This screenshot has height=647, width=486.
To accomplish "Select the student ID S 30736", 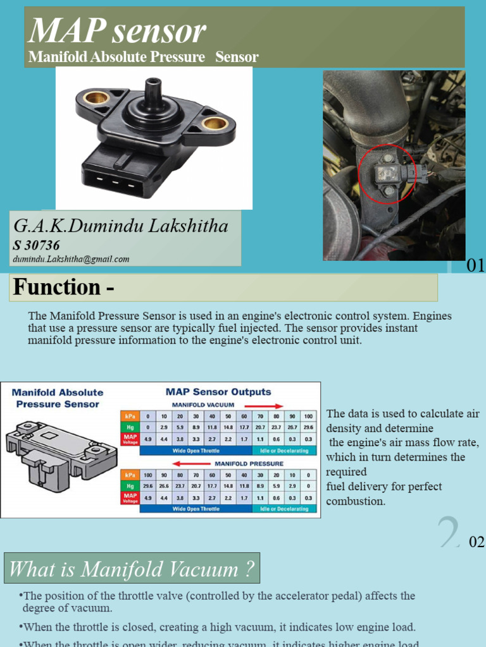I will [x=36, y=245].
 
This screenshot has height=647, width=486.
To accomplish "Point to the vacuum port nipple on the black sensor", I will [x=153, y=92].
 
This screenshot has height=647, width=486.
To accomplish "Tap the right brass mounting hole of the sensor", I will [x=215, y=123].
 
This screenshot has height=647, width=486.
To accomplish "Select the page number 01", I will [x=475, y=266].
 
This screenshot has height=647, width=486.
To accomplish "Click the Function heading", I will [x=63, y=287].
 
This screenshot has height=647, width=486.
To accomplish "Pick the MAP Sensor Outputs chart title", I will [x=218, y=392].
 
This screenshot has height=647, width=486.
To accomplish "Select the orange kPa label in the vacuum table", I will [x=130, y=417].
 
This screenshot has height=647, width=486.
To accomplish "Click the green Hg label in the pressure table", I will [x=130, y=486].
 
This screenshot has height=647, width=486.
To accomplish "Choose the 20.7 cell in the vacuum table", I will [x=259, y=428].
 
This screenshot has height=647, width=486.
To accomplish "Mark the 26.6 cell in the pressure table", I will [x=163, y=486].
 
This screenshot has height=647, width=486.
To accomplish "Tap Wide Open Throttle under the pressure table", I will [x=196, y=509].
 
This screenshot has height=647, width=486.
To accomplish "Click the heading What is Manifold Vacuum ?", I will [x=132, y=570].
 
